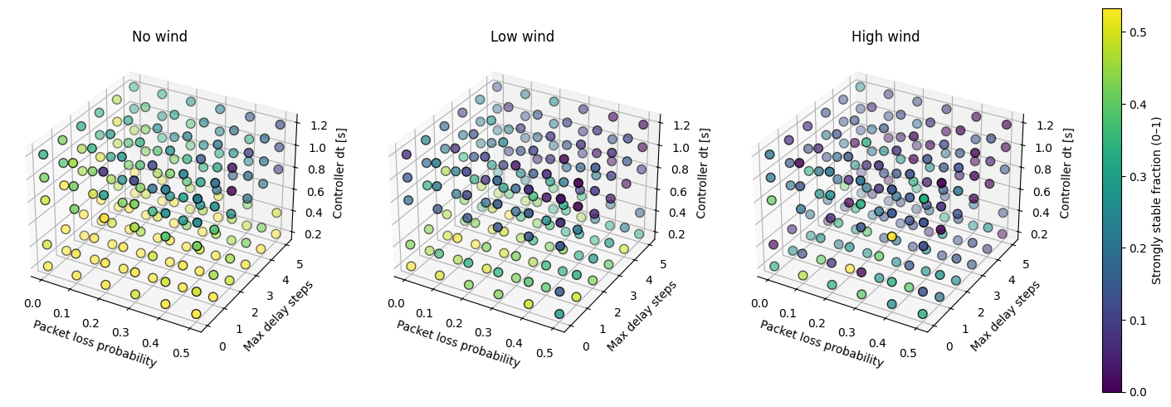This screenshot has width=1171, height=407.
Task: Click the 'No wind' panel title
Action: tap(159, 37)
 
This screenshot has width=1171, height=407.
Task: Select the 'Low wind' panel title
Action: tap(522, 37)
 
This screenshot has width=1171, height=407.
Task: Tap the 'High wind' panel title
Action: tap(885, 37)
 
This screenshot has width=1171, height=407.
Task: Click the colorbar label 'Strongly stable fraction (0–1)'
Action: tap(1156, 200)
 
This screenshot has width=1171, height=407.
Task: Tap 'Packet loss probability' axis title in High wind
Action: tap(822, 343)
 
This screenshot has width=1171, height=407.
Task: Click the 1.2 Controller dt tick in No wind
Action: tap(318, 125)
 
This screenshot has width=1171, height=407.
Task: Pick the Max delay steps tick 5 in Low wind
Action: tap(663, 264)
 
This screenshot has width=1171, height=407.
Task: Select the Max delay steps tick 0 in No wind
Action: tap(223, 346)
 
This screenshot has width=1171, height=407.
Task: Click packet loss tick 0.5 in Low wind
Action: tap(544, 353)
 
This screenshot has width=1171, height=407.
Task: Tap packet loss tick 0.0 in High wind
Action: tap(759, 303)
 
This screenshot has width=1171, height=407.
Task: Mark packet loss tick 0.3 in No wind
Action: tap(121, 333)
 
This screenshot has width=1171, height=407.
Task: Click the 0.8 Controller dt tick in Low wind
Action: tap(681, 169)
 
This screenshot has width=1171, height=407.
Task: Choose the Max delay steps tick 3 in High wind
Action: tap(997, 296)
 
